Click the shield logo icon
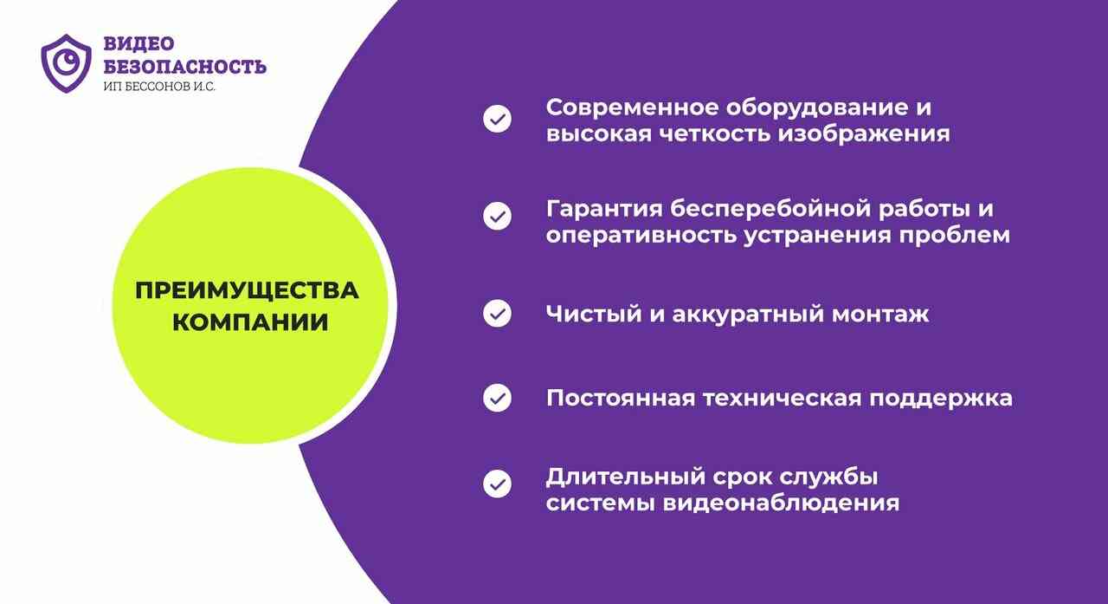67,63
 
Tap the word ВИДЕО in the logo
139,43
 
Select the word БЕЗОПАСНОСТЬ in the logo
185,67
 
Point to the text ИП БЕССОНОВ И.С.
159,87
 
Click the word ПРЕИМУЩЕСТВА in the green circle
247,290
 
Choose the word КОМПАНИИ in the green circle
250,322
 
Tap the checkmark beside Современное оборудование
497,119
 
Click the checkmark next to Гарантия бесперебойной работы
497,216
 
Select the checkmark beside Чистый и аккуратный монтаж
497,314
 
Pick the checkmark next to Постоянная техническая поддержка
497,398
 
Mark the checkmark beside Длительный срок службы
497,484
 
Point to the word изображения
864,134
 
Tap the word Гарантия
604,210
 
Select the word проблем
954,236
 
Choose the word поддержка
941,399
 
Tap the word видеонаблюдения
781,504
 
